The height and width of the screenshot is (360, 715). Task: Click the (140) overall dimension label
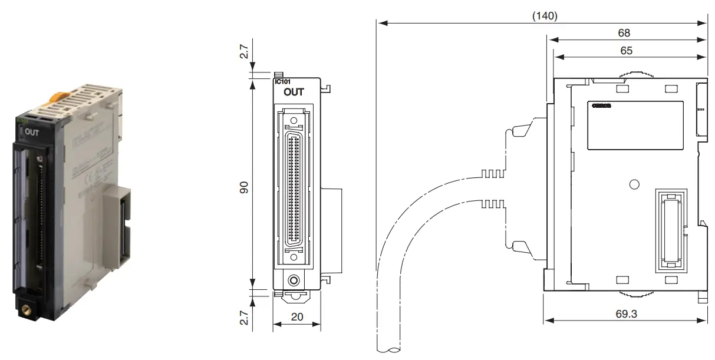coord(545,16)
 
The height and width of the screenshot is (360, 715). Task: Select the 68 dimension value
coord(624,33)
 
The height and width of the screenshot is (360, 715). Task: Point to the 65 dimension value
coord(626,51)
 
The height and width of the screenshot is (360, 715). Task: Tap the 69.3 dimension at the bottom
coord(625,313)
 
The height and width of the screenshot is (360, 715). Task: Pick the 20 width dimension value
coord(297,316)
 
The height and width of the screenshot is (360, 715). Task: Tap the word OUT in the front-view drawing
coord(294,93)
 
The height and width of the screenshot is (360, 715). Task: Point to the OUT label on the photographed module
coord(32,133)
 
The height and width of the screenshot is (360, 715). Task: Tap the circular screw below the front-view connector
coord(294,280)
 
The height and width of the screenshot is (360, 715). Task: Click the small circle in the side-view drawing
coord(634,184)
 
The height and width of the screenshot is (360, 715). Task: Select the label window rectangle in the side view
coord(635,124)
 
